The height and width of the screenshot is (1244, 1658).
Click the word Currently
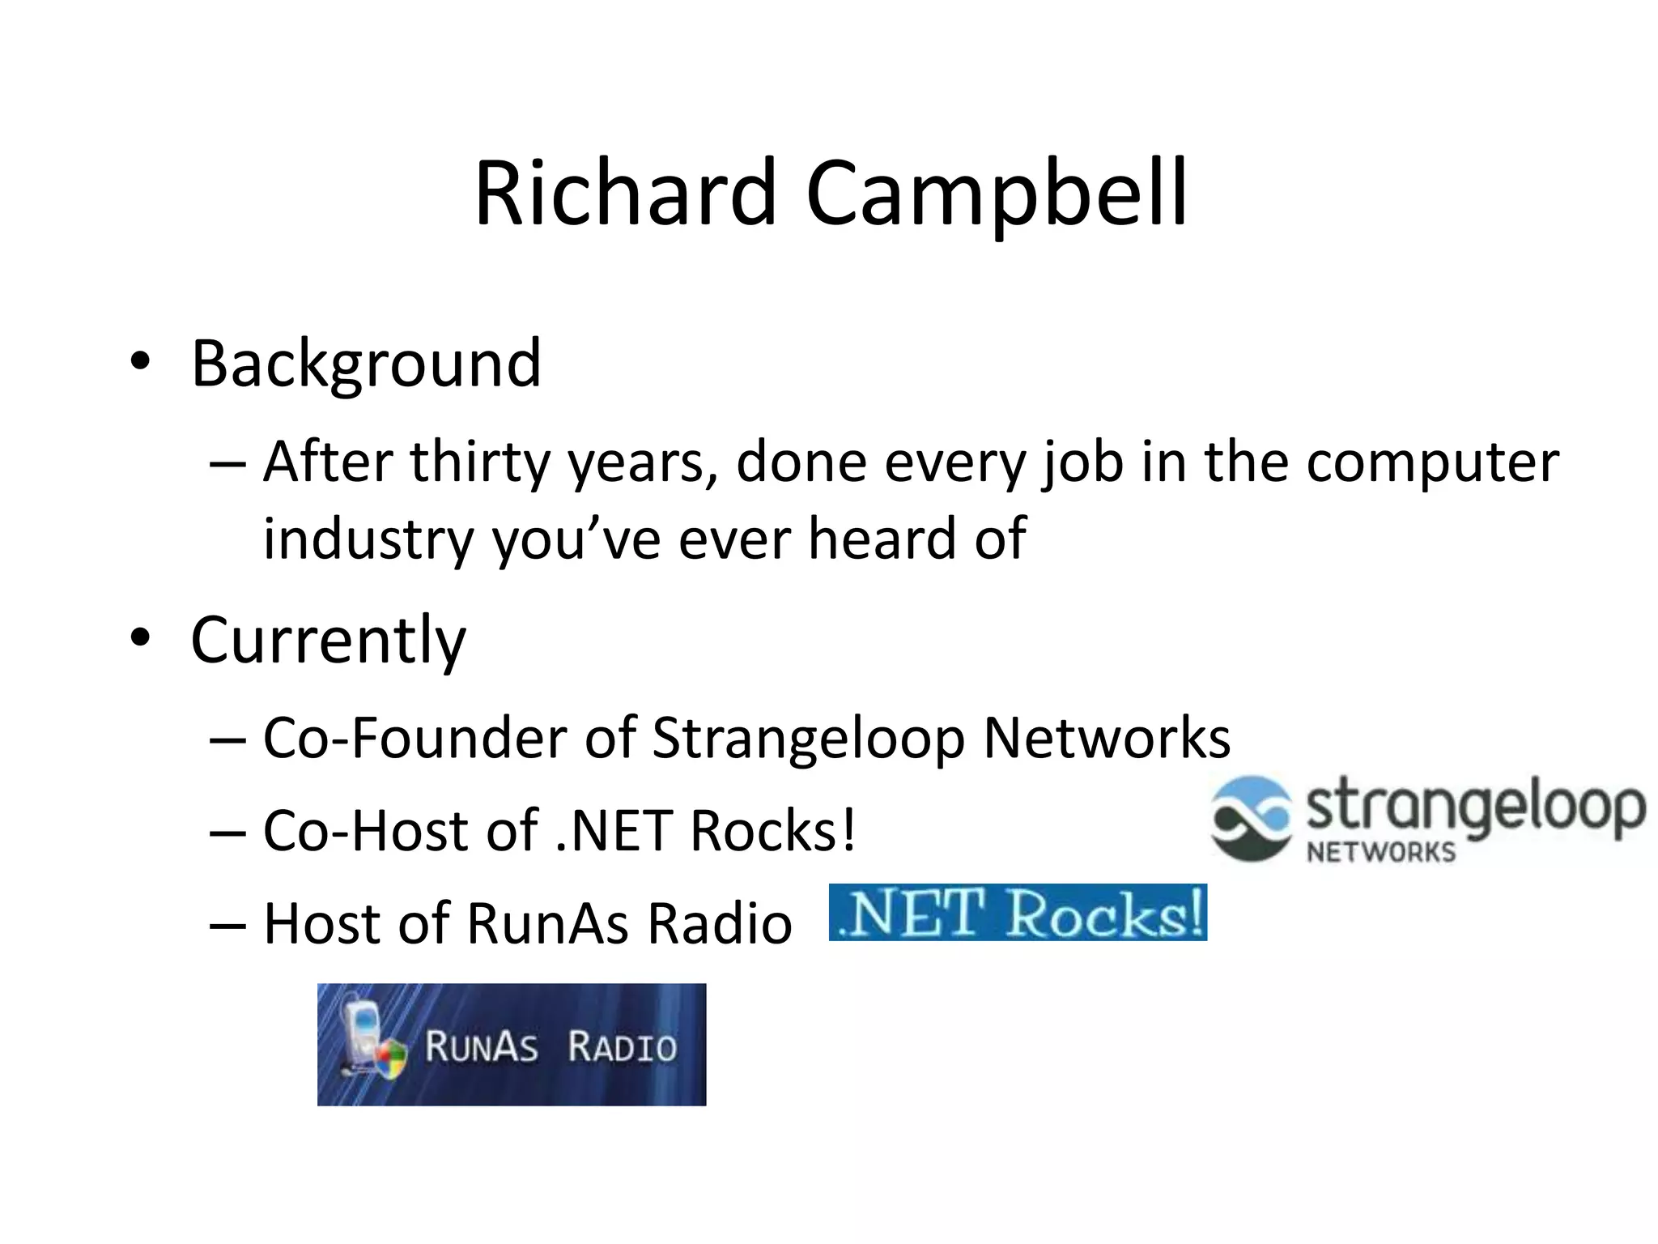coord(328,640)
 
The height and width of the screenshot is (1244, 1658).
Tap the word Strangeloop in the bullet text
coord(808,738)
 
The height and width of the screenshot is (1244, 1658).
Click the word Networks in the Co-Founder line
coord(1107,738)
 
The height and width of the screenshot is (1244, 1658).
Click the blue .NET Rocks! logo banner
coord(1018,913)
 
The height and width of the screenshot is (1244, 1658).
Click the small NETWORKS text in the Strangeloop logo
coord(1380,852)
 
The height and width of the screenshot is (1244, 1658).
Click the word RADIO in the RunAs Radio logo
coord(622,1046)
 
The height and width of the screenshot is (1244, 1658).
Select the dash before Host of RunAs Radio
coord(227,925)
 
